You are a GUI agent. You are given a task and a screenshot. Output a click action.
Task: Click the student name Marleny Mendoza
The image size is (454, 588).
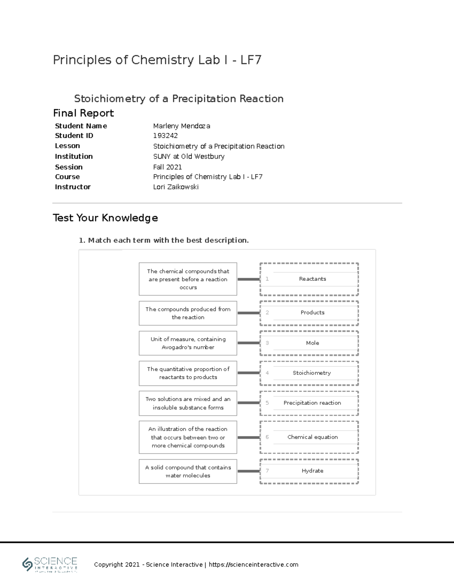[x=182, y=126]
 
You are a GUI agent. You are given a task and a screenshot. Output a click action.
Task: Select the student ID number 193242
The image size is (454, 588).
[x=165, y=136]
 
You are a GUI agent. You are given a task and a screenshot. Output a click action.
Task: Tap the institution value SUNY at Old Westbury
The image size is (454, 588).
[x=188, y=156]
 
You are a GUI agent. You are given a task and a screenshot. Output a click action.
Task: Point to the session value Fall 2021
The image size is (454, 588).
[x=167, y=167]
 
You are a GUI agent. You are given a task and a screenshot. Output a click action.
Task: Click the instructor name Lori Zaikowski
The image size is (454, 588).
[x=176, y=187]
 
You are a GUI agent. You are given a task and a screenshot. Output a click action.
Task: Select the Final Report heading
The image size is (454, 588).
[x=83, y=113]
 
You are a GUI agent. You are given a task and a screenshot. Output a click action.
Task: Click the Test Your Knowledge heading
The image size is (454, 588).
[x=105, y=218]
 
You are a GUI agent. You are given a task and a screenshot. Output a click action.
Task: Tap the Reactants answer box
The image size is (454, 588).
[x=312, y=279]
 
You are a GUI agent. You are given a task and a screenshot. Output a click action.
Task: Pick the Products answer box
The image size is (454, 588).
[x=312, y=313]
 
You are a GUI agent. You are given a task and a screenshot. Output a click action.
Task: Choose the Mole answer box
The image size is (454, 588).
[x=312, y=343]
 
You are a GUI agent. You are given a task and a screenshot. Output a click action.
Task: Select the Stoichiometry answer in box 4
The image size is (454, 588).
[x=311, y=373]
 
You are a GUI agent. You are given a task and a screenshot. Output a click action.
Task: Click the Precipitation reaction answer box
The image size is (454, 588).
[x=312, y=403]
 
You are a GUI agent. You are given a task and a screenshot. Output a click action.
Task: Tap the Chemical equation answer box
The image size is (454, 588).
[x=312, y=437]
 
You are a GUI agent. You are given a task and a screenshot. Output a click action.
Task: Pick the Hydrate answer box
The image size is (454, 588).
[x=312, y=471]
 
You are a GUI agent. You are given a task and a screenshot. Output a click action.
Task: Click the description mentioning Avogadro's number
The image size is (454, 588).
[x=188, y=343]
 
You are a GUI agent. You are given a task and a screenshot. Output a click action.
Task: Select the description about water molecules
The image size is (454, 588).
[x=188, y=471]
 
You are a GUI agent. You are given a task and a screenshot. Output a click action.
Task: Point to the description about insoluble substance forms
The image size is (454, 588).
[x=188, y=403]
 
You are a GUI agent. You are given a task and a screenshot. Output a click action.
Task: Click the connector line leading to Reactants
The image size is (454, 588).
[x=248, y=279]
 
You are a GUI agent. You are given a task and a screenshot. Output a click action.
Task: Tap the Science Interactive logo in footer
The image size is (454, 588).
[x=50, y=565]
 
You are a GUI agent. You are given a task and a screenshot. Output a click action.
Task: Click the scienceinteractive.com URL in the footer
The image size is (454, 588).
[x=253, y=565]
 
